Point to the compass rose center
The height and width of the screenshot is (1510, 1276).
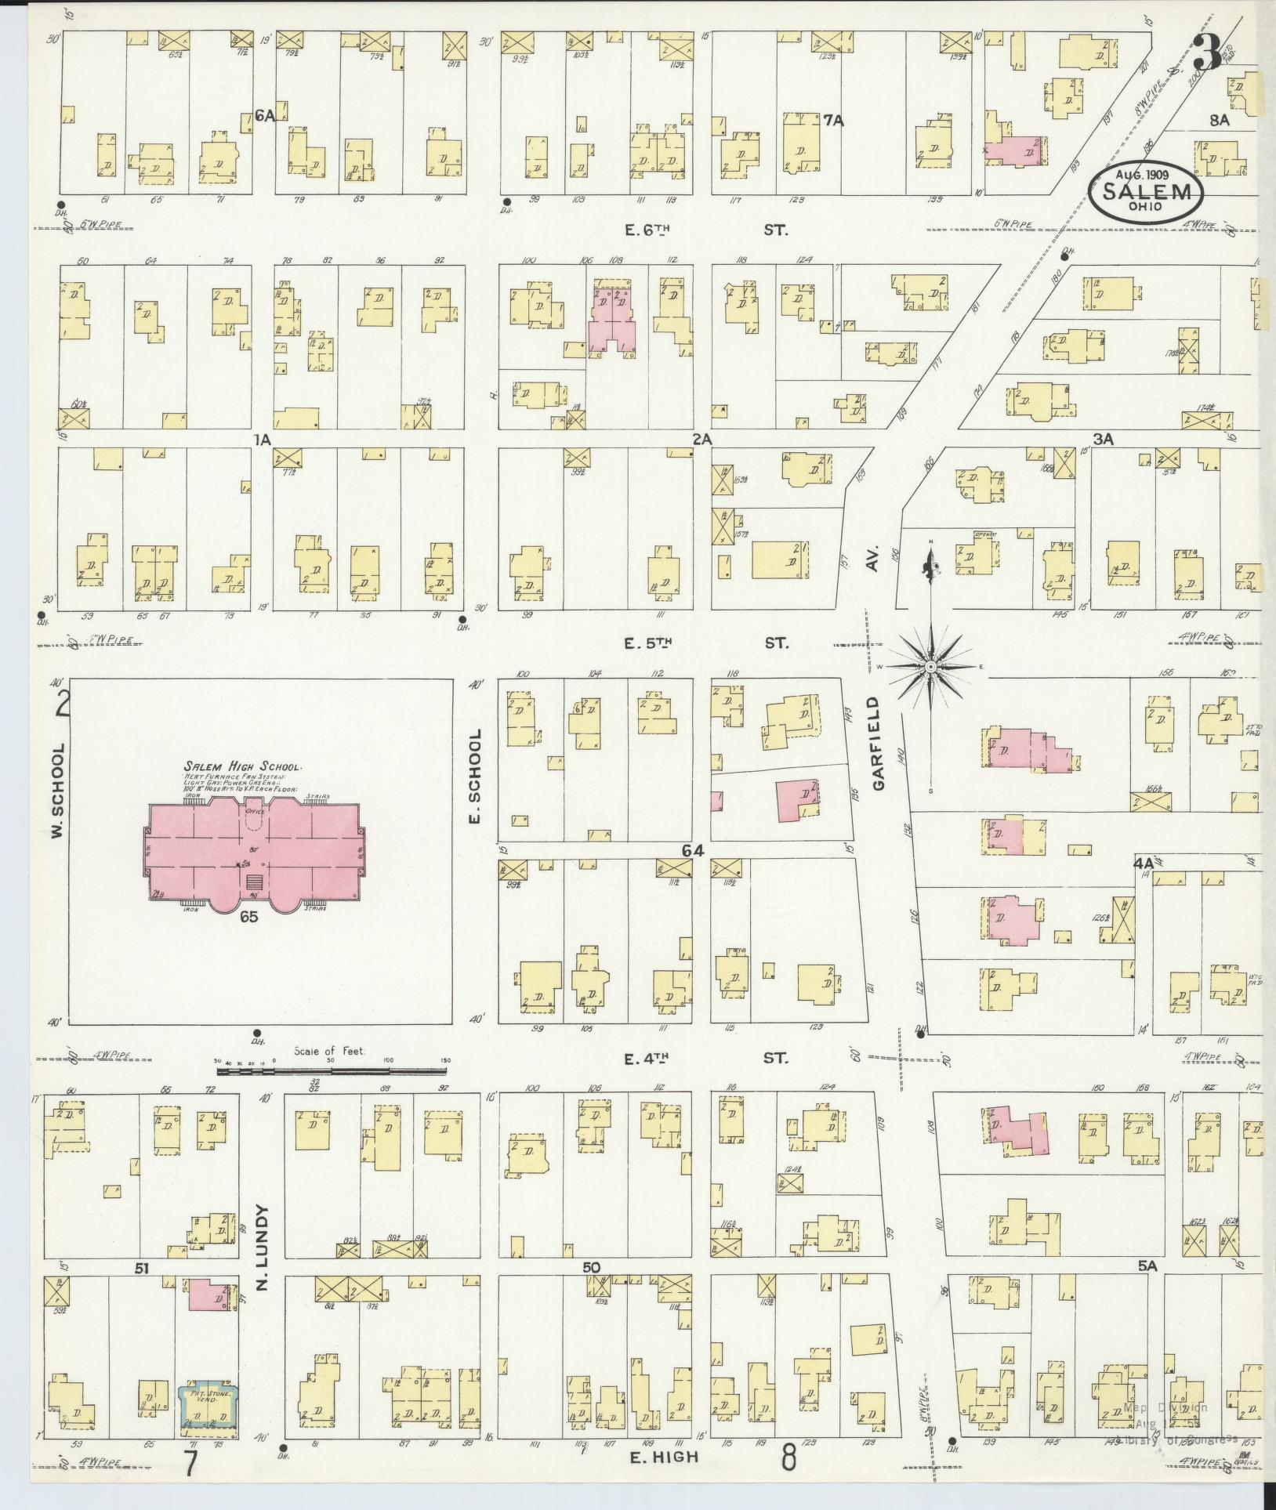click(930, 667)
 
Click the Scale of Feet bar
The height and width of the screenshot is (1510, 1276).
click(333, 1069)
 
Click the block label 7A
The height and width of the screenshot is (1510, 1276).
click(832, 121)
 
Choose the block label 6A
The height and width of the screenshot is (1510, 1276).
click(264, 115)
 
